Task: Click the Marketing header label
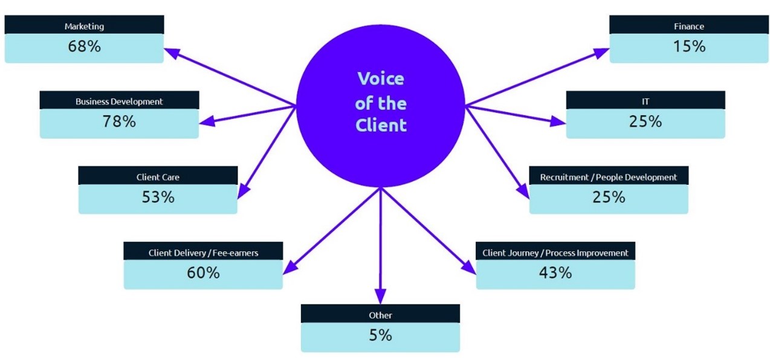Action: tap(84, 27)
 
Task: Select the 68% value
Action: tap(84, 47)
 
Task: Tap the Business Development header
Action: tap(119, 101)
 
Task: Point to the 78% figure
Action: tap(119, 121)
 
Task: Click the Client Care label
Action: tap(158, 178)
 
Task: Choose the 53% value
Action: tap(158, 197)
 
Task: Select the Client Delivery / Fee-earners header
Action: tap(203, 253)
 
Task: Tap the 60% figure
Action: tap(203, 272)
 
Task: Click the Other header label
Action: tap(380, 315)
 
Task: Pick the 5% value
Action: tap(380, 335)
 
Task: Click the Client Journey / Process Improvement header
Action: tap(555, 253)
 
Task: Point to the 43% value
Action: tap(555, 272)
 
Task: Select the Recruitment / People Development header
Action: tap(609, 178)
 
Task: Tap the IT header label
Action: tap(645, 101)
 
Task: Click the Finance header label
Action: tap(689, 27)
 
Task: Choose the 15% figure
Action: tap(689, 47)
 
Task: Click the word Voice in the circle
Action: tap(381, 79)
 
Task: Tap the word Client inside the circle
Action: tap(381, 126)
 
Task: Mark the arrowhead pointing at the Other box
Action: tap(380, 297)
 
